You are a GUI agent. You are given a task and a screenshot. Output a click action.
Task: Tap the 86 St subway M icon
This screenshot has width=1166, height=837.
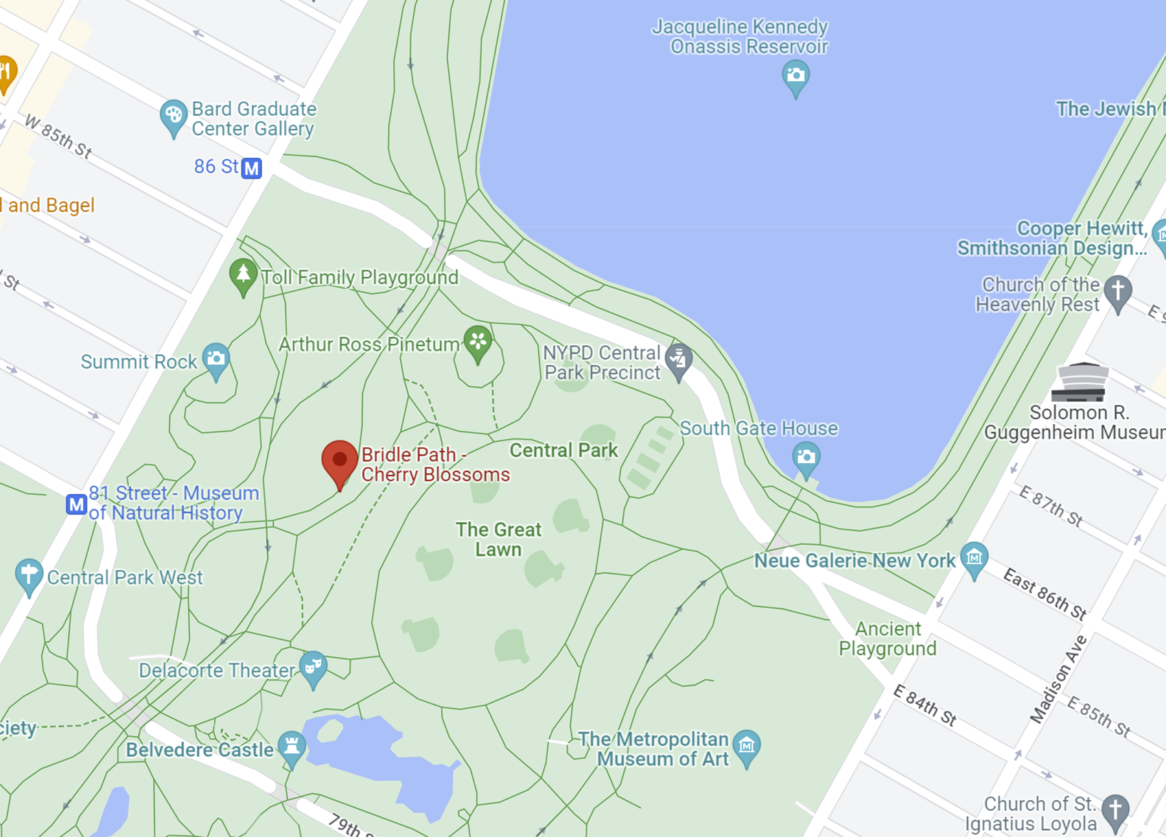point(251,168)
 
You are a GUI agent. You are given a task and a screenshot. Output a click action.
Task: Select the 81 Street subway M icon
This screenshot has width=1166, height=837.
point(76,504)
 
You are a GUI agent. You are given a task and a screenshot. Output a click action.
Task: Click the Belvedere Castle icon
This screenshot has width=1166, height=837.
point(291,746)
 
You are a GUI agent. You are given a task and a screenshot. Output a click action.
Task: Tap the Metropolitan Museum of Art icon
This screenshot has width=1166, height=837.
point(747,746)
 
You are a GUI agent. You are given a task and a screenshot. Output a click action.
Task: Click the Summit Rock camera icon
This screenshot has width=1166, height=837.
point(216,358)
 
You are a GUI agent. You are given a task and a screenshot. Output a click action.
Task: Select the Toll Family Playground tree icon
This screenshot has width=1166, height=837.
point(243,274)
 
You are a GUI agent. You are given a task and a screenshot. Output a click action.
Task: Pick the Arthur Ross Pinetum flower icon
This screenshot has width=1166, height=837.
point(477,341)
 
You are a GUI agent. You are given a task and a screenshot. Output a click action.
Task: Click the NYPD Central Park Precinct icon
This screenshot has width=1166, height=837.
point(678,358)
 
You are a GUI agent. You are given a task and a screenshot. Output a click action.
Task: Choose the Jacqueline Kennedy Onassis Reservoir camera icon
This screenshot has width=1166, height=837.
point(796,76)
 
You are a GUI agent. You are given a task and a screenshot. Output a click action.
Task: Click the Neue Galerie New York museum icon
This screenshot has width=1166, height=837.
point(974,558)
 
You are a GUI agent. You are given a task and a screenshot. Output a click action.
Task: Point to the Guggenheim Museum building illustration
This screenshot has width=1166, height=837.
point(1080,382)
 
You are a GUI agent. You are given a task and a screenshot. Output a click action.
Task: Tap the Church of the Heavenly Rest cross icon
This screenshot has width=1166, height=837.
point(1117,291)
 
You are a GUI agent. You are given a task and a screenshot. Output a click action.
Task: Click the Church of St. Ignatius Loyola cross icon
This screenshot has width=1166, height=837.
point(1115,809)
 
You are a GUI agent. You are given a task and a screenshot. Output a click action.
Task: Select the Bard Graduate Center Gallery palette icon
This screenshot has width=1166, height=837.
point(173,116)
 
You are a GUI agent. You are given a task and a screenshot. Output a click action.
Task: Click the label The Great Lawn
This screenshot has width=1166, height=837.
point(499,540)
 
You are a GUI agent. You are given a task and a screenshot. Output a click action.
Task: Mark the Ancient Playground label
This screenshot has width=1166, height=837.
point(887,639)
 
